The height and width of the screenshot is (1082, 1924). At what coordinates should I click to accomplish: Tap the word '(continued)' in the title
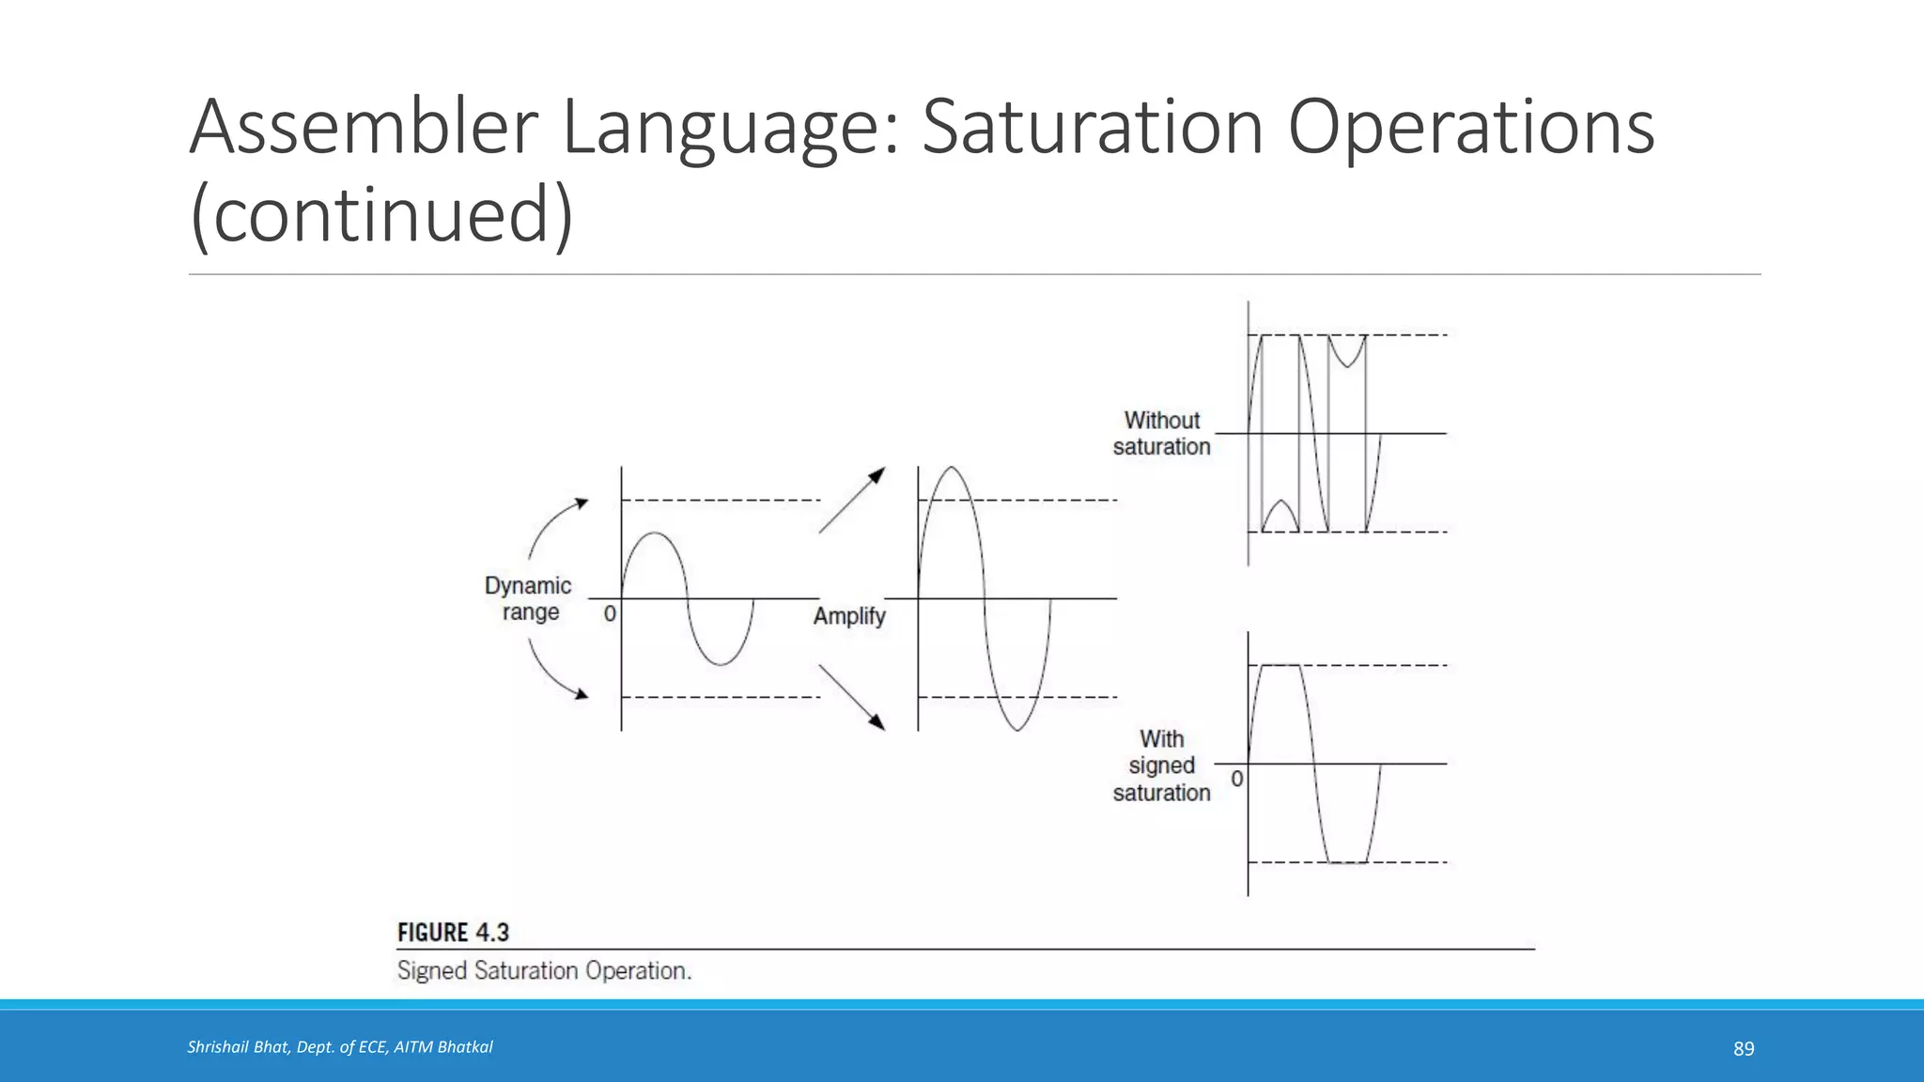click(381, 214)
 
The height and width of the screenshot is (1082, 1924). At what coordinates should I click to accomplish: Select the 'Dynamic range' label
click(528, 598)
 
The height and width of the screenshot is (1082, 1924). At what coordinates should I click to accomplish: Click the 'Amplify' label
click(849, 616)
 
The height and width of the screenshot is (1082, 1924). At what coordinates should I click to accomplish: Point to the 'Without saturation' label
click(1161, 433)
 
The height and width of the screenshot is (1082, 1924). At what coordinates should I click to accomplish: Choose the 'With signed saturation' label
click(1161, 765)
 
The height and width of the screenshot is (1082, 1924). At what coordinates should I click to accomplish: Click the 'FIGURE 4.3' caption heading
click(453, 933)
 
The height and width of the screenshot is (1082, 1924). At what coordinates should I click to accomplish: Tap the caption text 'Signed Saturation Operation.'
click(544, 970)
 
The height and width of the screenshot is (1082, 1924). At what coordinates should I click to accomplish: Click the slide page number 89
click(1744, 1048)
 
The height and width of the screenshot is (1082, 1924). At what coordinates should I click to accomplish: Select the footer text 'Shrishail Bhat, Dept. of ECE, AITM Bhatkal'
click(340, 1047)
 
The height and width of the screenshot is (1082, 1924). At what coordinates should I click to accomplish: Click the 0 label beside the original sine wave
click(610, 614)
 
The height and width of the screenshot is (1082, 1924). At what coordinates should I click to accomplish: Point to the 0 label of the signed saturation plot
click(1236, 779)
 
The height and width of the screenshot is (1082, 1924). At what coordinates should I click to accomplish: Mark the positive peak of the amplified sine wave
click(952, 468)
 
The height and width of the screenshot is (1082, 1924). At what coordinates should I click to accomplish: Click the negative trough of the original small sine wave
click(721, 664)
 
